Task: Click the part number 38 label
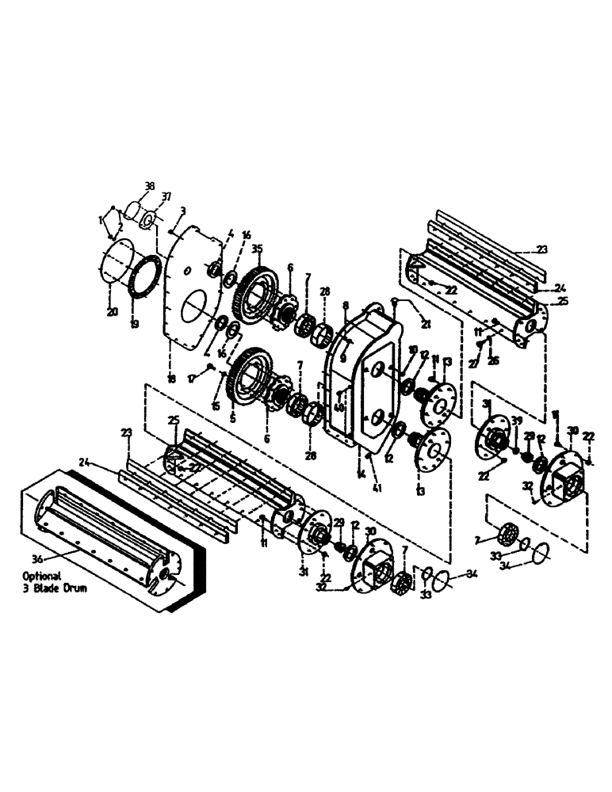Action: tap(149, 188)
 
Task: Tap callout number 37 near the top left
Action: tap(166, 196)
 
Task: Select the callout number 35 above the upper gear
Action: tap(256, 248)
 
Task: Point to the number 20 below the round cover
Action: tap(112, 312)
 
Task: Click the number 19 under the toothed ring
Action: tap(134, 323)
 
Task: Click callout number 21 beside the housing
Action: tap(426, 324)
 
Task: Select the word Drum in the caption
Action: tap(78, 588)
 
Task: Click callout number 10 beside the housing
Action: tap(412, 350)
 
